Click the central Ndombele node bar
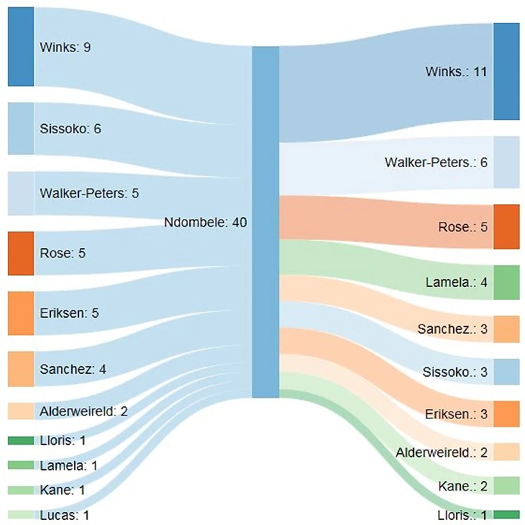[265, 222]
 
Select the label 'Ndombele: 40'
[205, 222]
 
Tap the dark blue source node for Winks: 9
[21, 47]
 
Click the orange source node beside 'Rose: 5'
[21, 253]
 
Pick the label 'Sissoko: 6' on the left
[70, 129]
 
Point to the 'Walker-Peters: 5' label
[89, 193]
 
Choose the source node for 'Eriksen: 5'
[21, 313]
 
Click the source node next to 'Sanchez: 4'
[21, 369]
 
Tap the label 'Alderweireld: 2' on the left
[83, 411]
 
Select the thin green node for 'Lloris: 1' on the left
[21, 440]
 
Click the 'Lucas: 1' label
[65, 515]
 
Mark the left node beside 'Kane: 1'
[21, 490]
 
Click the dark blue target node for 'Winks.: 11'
[506, 71]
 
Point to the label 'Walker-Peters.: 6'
[436, 163]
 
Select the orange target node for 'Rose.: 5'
[506, 227]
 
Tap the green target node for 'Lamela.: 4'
[506, 282]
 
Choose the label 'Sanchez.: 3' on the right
[452, 329]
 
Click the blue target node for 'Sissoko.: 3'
[506, 372]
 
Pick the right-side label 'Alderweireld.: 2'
[442, 452]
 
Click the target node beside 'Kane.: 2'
[506, 486]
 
